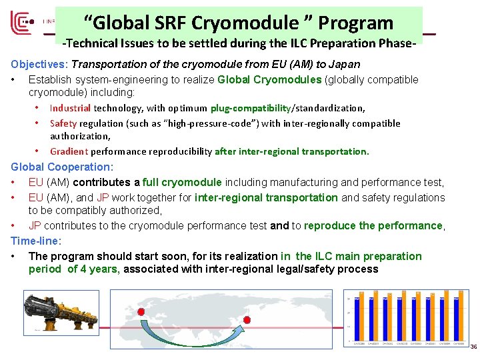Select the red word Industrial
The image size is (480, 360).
[x=71, y=108]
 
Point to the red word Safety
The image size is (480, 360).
[x=63, y=123]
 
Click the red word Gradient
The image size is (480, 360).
[x=69, y=151]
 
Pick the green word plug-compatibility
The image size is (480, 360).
[x=249, y=108]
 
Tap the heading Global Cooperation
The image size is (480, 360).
[x=62, y=167]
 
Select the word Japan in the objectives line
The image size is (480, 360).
[x=345, y=65]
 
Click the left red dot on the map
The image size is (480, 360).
[x=141, y=311]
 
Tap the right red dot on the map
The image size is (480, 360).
[x=246, y=320]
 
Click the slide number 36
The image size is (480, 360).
[x=473, y=347]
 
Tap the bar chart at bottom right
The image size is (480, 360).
[x=407, y=317]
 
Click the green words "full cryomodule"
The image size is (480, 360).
[x=182, y=182]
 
